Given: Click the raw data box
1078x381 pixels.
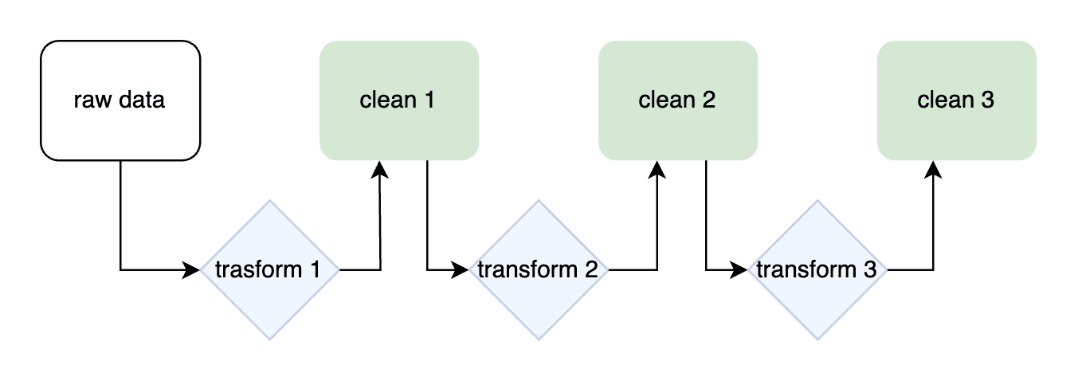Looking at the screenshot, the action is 120,100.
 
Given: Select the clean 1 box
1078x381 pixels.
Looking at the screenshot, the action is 399,100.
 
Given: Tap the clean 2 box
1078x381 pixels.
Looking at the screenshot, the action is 678,100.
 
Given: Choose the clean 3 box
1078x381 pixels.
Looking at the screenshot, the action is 957,100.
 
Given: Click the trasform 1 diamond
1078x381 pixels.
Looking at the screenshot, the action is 270,269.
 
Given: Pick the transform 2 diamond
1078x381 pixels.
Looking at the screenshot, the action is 539,269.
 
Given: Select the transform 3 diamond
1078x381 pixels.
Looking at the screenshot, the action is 817,269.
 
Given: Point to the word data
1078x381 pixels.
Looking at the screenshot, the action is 142,100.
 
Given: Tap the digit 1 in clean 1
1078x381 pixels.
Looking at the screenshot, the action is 429,100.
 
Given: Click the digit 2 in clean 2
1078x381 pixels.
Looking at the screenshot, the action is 709,100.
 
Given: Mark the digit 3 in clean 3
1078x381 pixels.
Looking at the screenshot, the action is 987,100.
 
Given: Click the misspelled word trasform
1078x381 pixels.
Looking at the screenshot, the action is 259,269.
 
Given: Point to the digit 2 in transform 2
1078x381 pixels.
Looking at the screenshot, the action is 591,269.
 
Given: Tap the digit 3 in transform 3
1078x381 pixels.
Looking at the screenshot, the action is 869,269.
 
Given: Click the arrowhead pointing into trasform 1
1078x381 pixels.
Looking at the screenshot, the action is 191,269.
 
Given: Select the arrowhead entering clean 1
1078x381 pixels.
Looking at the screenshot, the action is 380,170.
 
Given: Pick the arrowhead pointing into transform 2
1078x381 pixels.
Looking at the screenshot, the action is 460,269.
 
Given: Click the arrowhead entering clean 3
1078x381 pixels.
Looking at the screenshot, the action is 933,170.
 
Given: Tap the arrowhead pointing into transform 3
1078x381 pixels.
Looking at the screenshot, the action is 739,269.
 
